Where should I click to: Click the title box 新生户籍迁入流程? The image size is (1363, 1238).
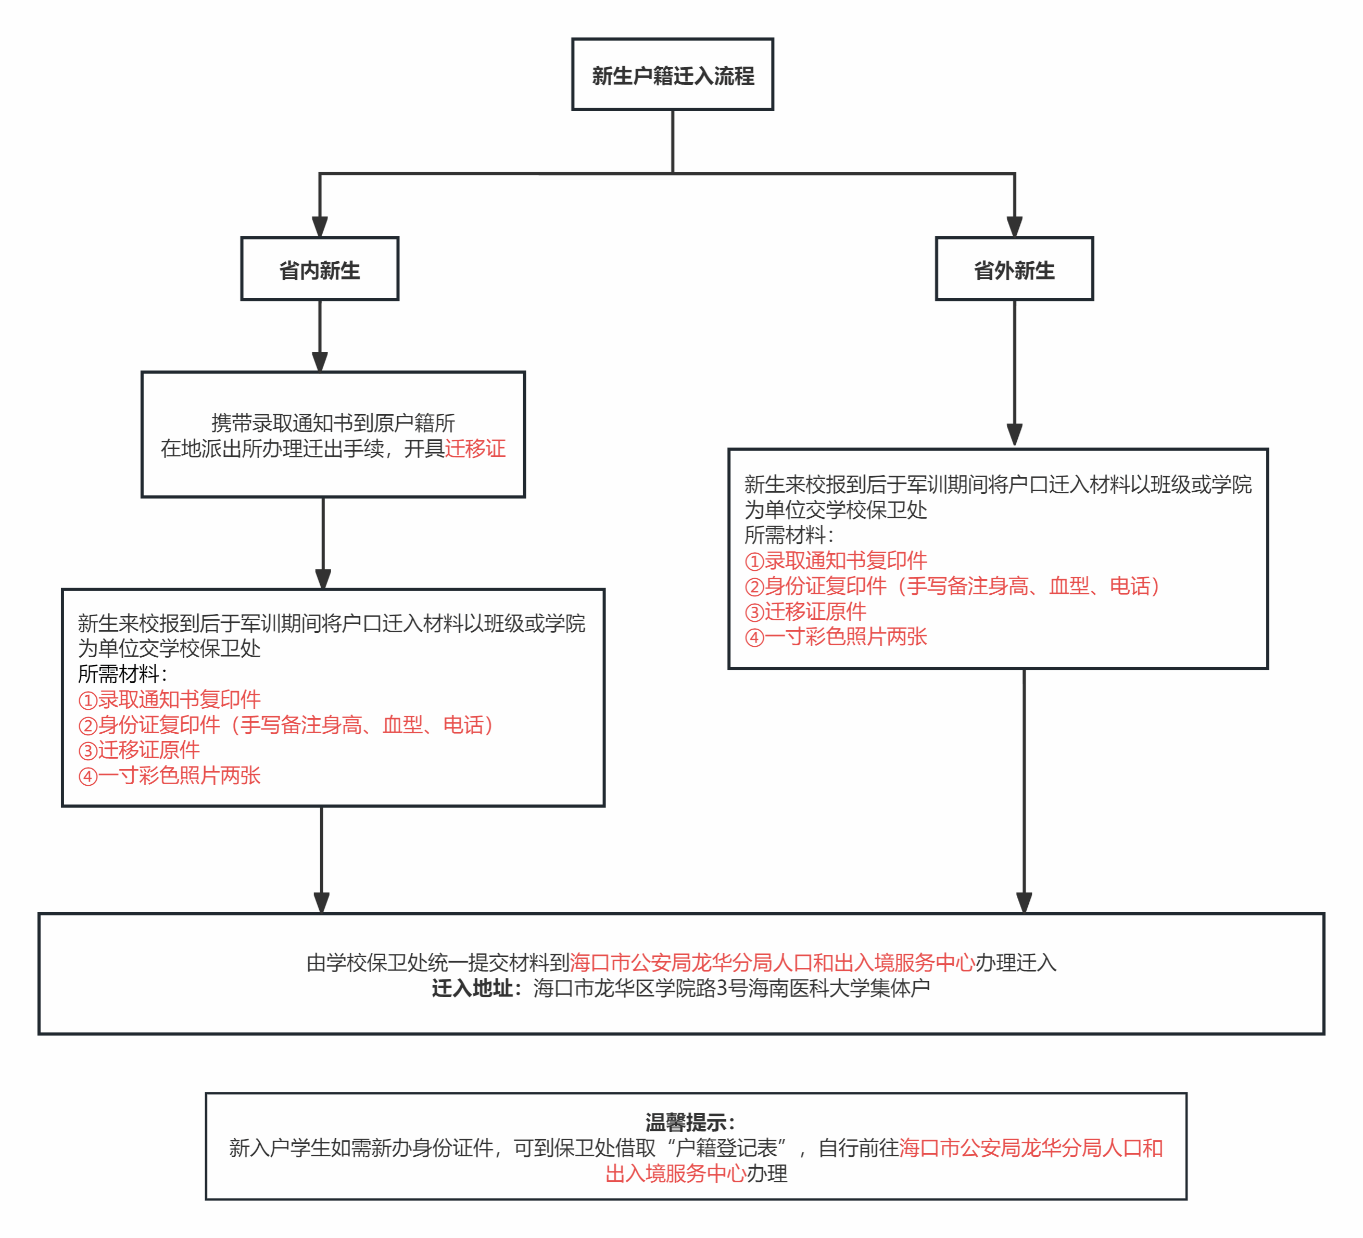672,75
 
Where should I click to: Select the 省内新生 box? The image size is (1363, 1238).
320,270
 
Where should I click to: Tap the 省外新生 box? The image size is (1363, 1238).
1014,270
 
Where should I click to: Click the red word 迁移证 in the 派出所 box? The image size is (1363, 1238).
475,449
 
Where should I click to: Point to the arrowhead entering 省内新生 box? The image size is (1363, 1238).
320,226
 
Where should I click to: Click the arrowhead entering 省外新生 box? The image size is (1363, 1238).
1014,226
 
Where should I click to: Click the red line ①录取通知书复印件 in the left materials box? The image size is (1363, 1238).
169,699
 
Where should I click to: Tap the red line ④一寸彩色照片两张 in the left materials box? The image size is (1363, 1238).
169,776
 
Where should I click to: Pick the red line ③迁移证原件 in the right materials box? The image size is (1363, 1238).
805,611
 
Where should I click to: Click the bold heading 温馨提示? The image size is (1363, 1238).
690,1122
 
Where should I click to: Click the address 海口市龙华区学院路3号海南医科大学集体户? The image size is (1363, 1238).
731,989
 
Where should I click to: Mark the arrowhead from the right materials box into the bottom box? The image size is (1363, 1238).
1024,902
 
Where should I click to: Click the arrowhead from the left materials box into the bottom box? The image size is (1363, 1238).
322,902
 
